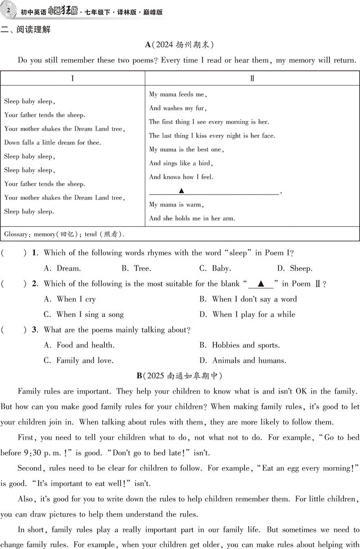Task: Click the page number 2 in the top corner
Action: (8, 10)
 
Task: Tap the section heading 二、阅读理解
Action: (26, 30)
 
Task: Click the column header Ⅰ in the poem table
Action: (73, 78)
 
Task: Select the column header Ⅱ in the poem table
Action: (252, 78)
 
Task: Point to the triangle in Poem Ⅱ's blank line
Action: (181, 190)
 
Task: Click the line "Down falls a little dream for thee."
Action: (53, 143)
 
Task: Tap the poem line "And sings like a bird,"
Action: (181, 163)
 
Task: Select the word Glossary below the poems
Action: (16, 234)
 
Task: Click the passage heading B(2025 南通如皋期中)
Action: (179, 376)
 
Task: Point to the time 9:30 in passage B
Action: (27, 453)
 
